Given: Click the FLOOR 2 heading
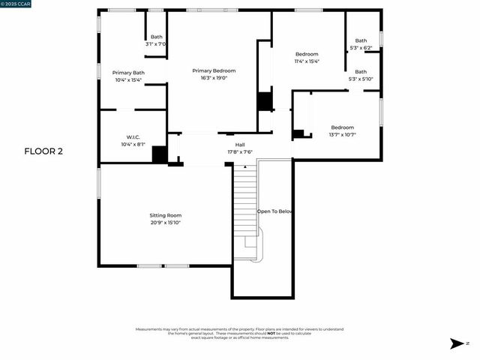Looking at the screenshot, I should tap(43, 151).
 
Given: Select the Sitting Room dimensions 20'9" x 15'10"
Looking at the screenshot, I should tap(164, 222).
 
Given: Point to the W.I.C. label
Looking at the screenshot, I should tap(133, 137).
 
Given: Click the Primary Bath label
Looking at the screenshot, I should tap(129, 73).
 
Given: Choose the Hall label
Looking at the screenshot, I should tap(240, 145).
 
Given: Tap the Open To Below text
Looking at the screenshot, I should tap(274, 211).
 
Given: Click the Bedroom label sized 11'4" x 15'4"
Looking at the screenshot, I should tap(307, 54).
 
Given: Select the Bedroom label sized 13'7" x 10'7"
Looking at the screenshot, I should tap(342, 127).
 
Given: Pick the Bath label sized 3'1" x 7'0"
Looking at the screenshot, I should tap(156, 37).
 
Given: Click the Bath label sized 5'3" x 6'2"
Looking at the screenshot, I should tap(361, 40).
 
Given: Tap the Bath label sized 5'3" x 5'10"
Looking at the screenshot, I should tap(361, 72).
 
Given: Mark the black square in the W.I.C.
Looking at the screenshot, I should tap(160, 154).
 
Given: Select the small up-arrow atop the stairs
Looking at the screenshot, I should tap(245, 166).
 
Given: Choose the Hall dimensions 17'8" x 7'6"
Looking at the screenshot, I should tap(240, 151).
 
